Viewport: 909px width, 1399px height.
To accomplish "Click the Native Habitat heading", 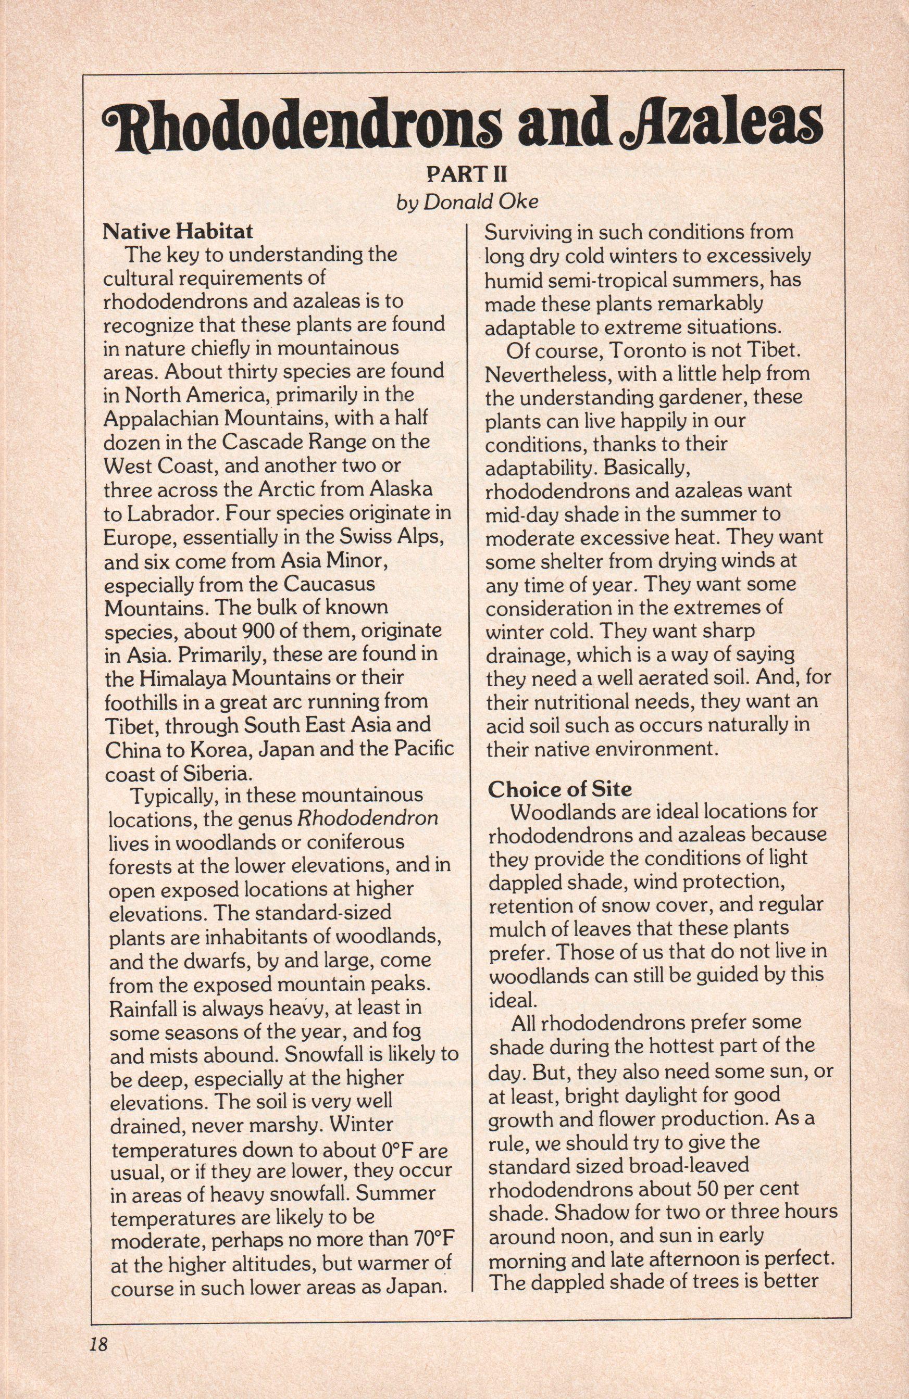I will tap(178, 231).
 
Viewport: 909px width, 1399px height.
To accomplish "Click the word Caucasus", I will tap(329, 584).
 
